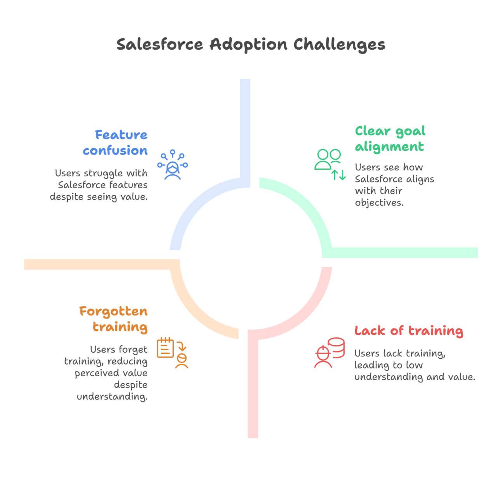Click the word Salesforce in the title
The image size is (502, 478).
point(160,44)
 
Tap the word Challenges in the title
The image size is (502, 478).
point(339,45)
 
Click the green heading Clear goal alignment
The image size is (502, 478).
point(390,139)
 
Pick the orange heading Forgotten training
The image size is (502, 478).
point(113,319)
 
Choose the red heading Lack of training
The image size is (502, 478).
point(409,330)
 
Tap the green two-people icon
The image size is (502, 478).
point(328,159)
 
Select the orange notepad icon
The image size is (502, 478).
point(166,348)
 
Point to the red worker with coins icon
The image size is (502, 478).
point(329,353)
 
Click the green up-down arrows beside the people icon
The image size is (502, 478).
point(338,175)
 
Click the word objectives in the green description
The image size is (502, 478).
point(379,202)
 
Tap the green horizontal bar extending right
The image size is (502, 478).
point(404,252)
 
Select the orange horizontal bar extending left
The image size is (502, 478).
point(97,264)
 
